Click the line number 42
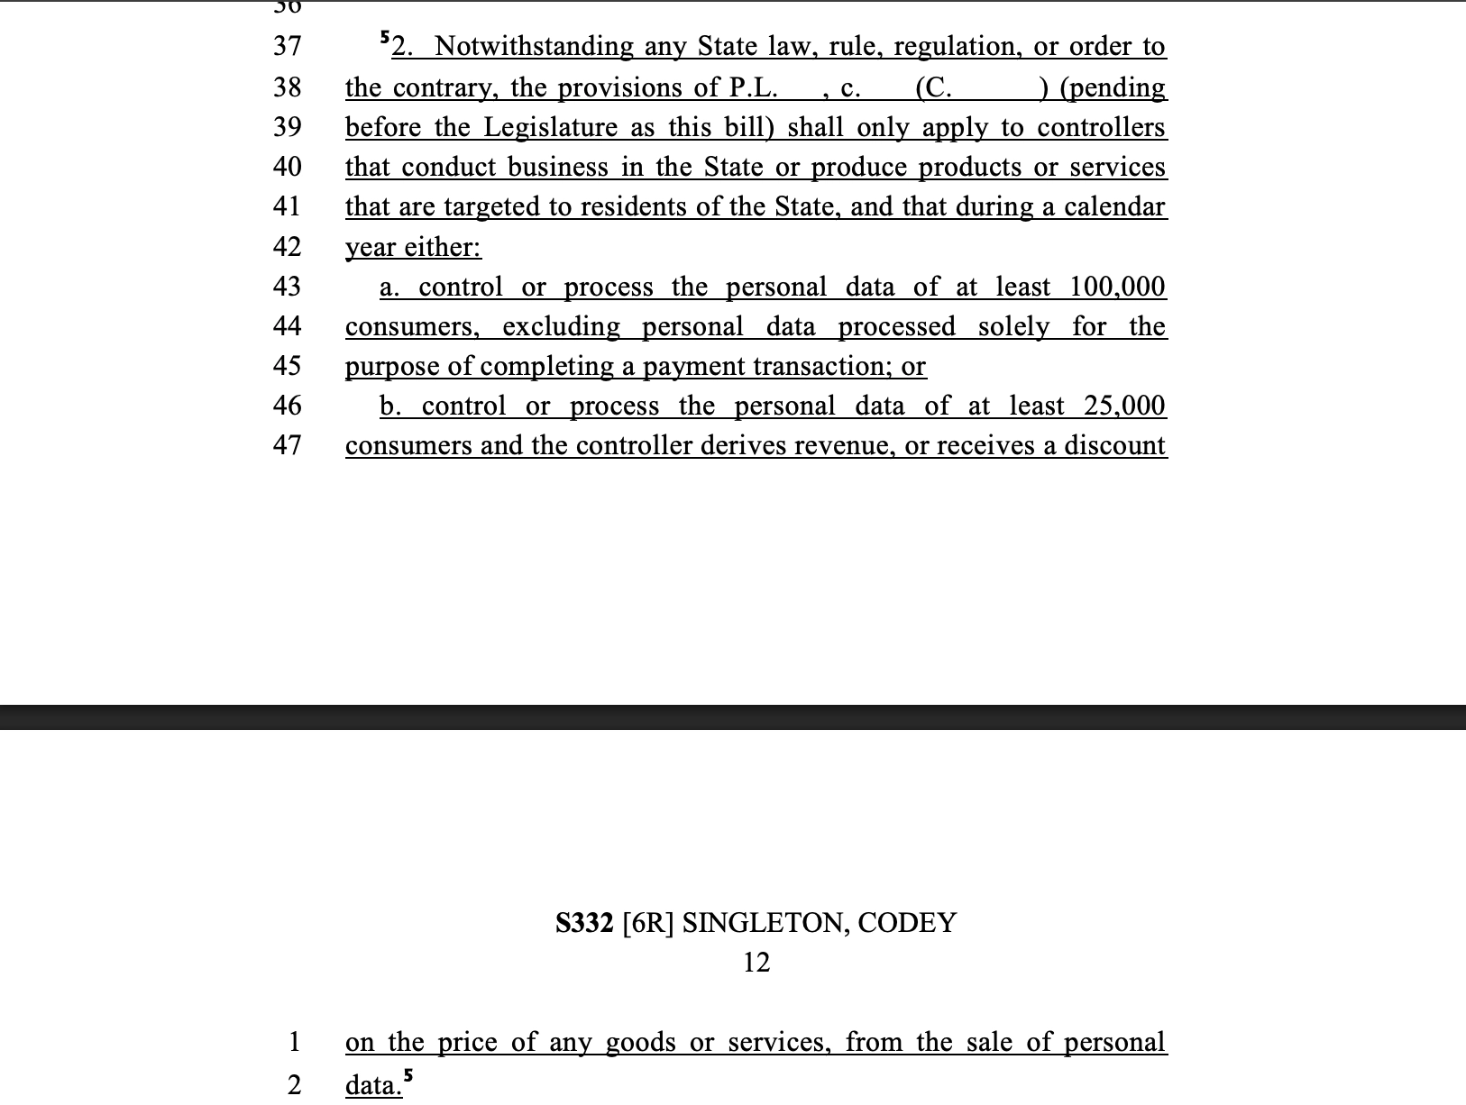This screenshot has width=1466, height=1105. (287, 246)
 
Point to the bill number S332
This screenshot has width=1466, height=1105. (584, 923)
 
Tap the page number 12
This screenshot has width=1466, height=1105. (756, 963)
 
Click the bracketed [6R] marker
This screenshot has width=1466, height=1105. (648, 923)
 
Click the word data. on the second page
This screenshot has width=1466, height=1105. (373, 1084)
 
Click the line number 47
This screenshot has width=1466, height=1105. (287, 444)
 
